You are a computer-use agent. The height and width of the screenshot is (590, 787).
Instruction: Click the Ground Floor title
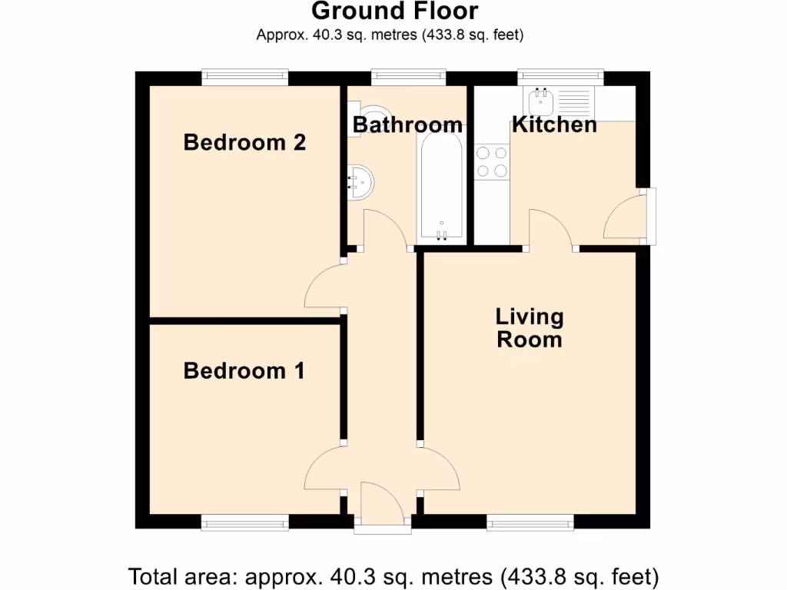(394, 12)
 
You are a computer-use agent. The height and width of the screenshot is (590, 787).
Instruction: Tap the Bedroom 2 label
(244, 142)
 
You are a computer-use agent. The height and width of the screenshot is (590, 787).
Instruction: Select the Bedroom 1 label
(244, 371)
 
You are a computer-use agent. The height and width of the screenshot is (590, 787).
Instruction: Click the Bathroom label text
(407, 124)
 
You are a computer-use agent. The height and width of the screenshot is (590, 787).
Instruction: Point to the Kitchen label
(554, 124)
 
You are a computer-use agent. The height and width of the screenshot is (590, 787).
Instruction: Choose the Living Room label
(530, 328)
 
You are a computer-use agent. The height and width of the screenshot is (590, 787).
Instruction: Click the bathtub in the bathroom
(440, 188)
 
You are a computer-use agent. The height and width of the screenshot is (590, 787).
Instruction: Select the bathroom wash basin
(360, 181)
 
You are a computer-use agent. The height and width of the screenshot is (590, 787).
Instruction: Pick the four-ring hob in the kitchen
(492, 162)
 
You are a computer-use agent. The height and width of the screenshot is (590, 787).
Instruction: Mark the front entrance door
(382, 507)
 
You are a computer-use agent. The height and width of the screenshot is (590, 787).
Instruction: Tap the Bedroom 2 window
(244, 77)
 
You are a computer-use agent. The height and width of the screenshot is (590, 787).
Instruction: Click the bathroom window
(407, 77)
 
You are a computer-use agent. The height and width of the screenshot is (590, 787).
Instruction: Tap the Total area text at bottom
(393, 575)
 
